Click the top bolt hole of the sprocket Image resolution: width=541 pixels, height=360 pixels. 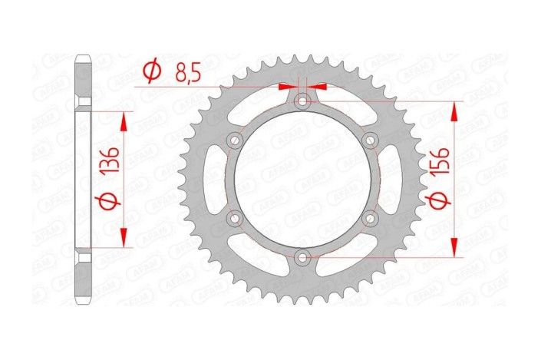pyautogui.click(x=303, y=101)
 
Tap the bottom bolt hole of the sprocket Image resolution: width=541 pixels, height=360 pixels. pyautogui.click(x=303, y=256)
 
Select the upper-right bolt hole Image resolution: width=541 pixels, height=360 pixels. pyautogui.click(x=371, y=140)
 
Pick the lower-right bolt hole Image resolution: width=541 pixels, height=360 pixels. pyautogui.click(x=371, y=218)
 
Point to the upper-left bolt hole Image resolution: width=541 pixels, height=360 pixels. pyautogui.click(x=236, y=140)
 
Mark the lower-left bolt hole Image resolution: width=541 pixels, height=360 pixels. pyautogui.click(x=236, y=218)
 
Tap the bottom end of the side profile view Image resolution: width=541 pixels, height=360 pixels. pyautogui.click(x=84, y=299)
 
